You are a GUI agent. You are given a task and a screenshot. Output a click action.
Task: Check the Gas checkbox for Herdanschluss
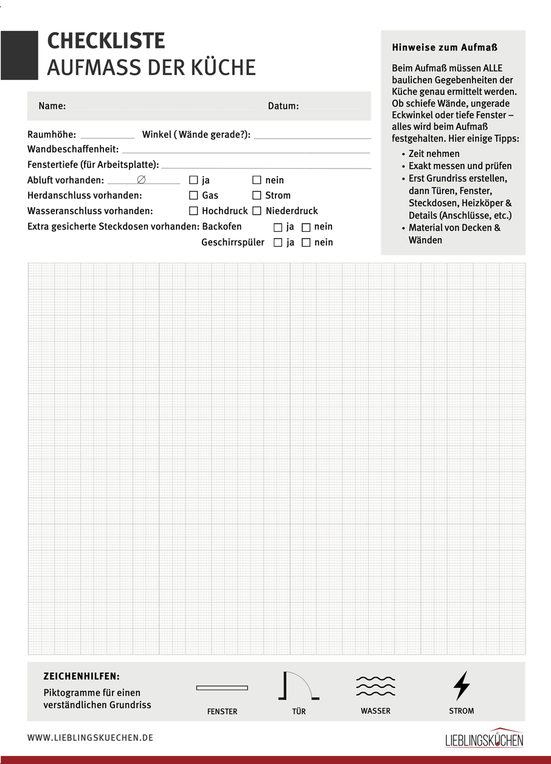pyautogui.click(x=193, y=195)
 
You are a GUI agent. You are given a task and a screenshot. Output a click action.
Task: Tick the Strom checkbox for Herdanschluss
pyautogui.click(x=257, y=195)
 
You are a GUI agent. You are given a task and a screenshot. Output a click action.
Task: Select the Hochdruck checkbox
pyautogui.click(x=193, y=211)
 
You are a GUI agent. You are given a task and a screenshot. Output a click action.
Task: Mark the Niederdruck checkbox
pyautogui.click(x=257, y=211)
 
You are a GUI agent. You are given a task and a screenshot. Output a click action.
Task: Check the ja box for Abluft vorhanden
pyautogui.click(x=193, y=180)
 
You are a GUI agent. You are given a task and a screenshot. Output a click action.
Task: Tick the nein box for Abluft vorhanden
pyautogui.click(x=257, y=180)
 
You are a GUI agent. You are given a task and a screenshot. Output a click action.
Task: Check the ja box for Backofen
pyautogui.click(x=278, y=227)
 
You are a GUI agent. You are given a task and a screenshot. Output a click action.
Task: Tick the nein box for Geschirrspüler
pyautogui.click(x=306, y=242)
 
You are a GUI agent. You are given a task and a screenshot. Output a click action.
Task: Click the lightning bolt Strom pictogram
pyautogui.click(x=462, y=686)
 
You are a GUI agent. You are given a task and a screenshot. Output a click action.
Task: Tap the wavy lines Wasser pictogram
pyautogui.click(x=375, y=686)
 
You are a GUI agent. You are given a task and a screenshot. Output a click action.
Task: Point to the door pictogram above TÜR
pyautogui.click(x=298, y=686)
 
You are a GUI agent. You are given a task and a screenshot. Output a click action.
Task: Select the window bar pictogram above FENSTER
pyautogui.click(x=222, y=688)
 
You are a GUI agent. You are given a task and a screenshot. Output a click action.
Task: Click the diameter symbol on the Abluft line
pyautogui.click(x=141, y=180)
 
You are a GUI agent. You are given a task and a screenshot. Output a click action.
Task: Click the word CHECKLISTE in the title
pyautogui.click(x=106, y=41)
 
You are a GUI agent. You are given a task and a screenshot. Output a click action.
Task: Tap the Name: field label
pyautogui.click(x=52, y=106)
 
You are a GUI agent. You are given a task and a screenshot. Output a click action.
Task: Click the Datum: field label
pyautogui.click(x=283, y=106)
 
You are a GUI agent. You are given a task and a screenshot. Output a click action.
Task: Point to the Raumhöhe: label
pyautogui.click(x=52, y=135)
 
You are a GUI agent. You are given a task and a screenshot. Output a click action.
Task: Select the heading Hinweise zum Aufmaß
pyautogui.click(x=441, y=47)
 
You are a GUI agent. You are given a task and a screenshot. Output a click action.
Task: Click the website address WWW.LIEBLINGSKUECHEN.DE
pyautogui.click(x=90, y=738)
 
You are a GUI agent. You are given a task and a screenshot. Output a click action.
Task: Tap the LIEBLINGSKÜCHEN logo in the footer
pyautogui.click(x=484, y=738)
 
